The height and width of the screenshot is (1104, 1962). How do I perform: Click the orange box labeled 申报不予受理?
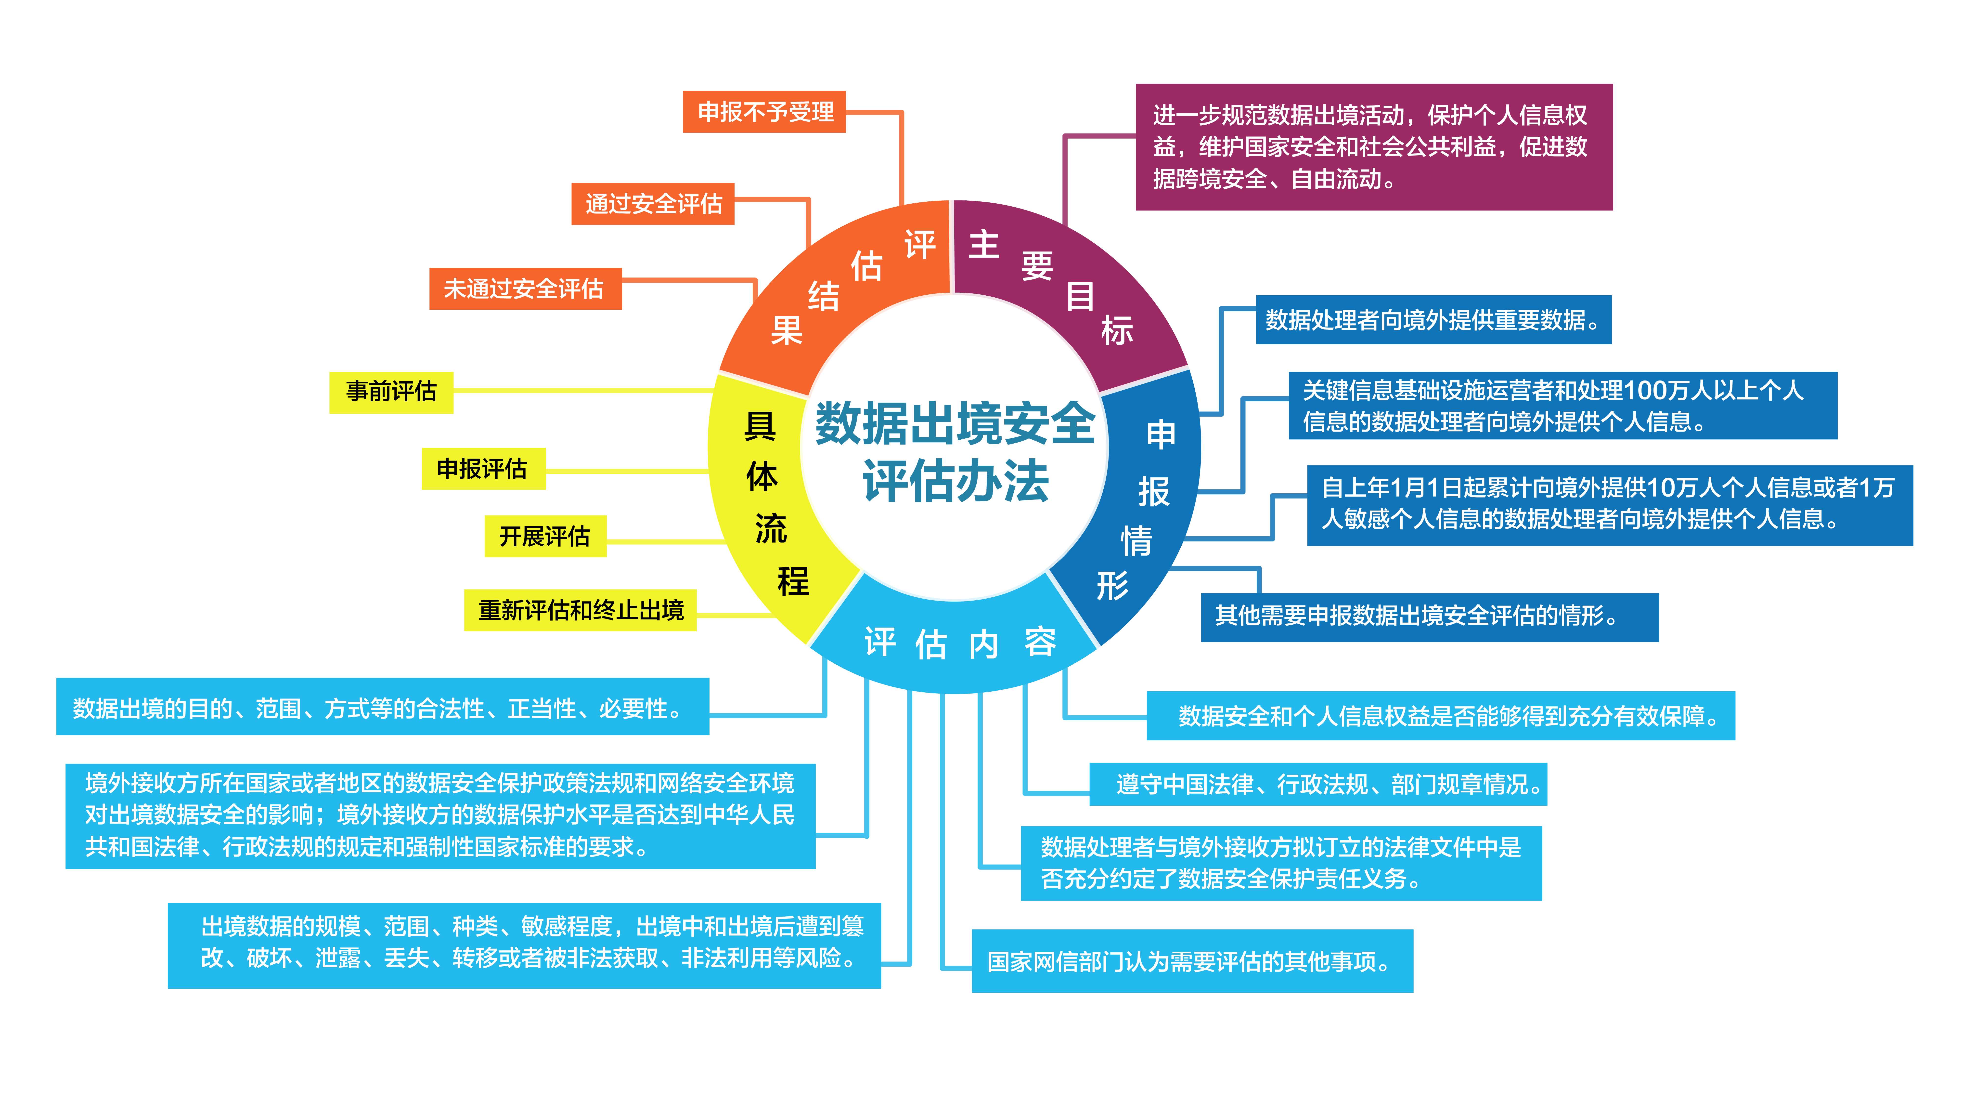pyautogui.click(x=764, y=112)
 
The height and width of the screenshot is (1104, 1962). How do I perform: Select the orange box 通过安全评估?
pyautogui.click(x=653, y=203)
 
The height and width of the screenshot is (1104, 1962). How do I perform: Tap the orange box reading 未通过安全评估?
pyautogui.click(x=526, y=289)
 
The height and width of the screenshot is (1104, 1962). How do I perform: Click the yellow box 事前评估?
pyautogui.click(x=391, y=392)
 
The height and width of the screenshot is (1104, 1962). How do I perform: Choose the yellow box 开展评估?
pyautogui.click(x=545, y=536)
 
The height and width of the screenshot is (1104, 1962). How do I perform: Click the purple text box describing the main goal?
pyautogui.click(x=1374, y=147)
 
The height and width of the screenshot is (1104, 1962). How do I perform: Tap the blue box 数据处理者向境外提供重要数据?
pyautogui.click(x=1433, y=320)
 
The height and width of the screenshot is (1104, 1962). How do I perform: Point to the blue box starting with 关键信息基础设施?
pyautogui.click(x=1563, y=405)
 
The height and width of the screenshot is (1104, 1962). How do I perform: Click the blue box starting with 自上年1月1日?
pyautogui.click(x=1610, y=505)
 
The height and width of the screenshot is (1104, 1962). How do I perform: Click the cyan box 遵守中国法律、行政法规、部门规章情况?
pyautogui.click(x=1318, y=784)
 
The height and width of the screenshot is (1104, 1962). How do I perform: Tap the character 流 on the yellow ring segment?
pyautogui.click(x=771, y=528)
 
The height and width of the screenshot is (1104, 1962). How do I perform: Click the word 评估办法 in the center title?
pyautogui.click(x=956, y=482)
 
